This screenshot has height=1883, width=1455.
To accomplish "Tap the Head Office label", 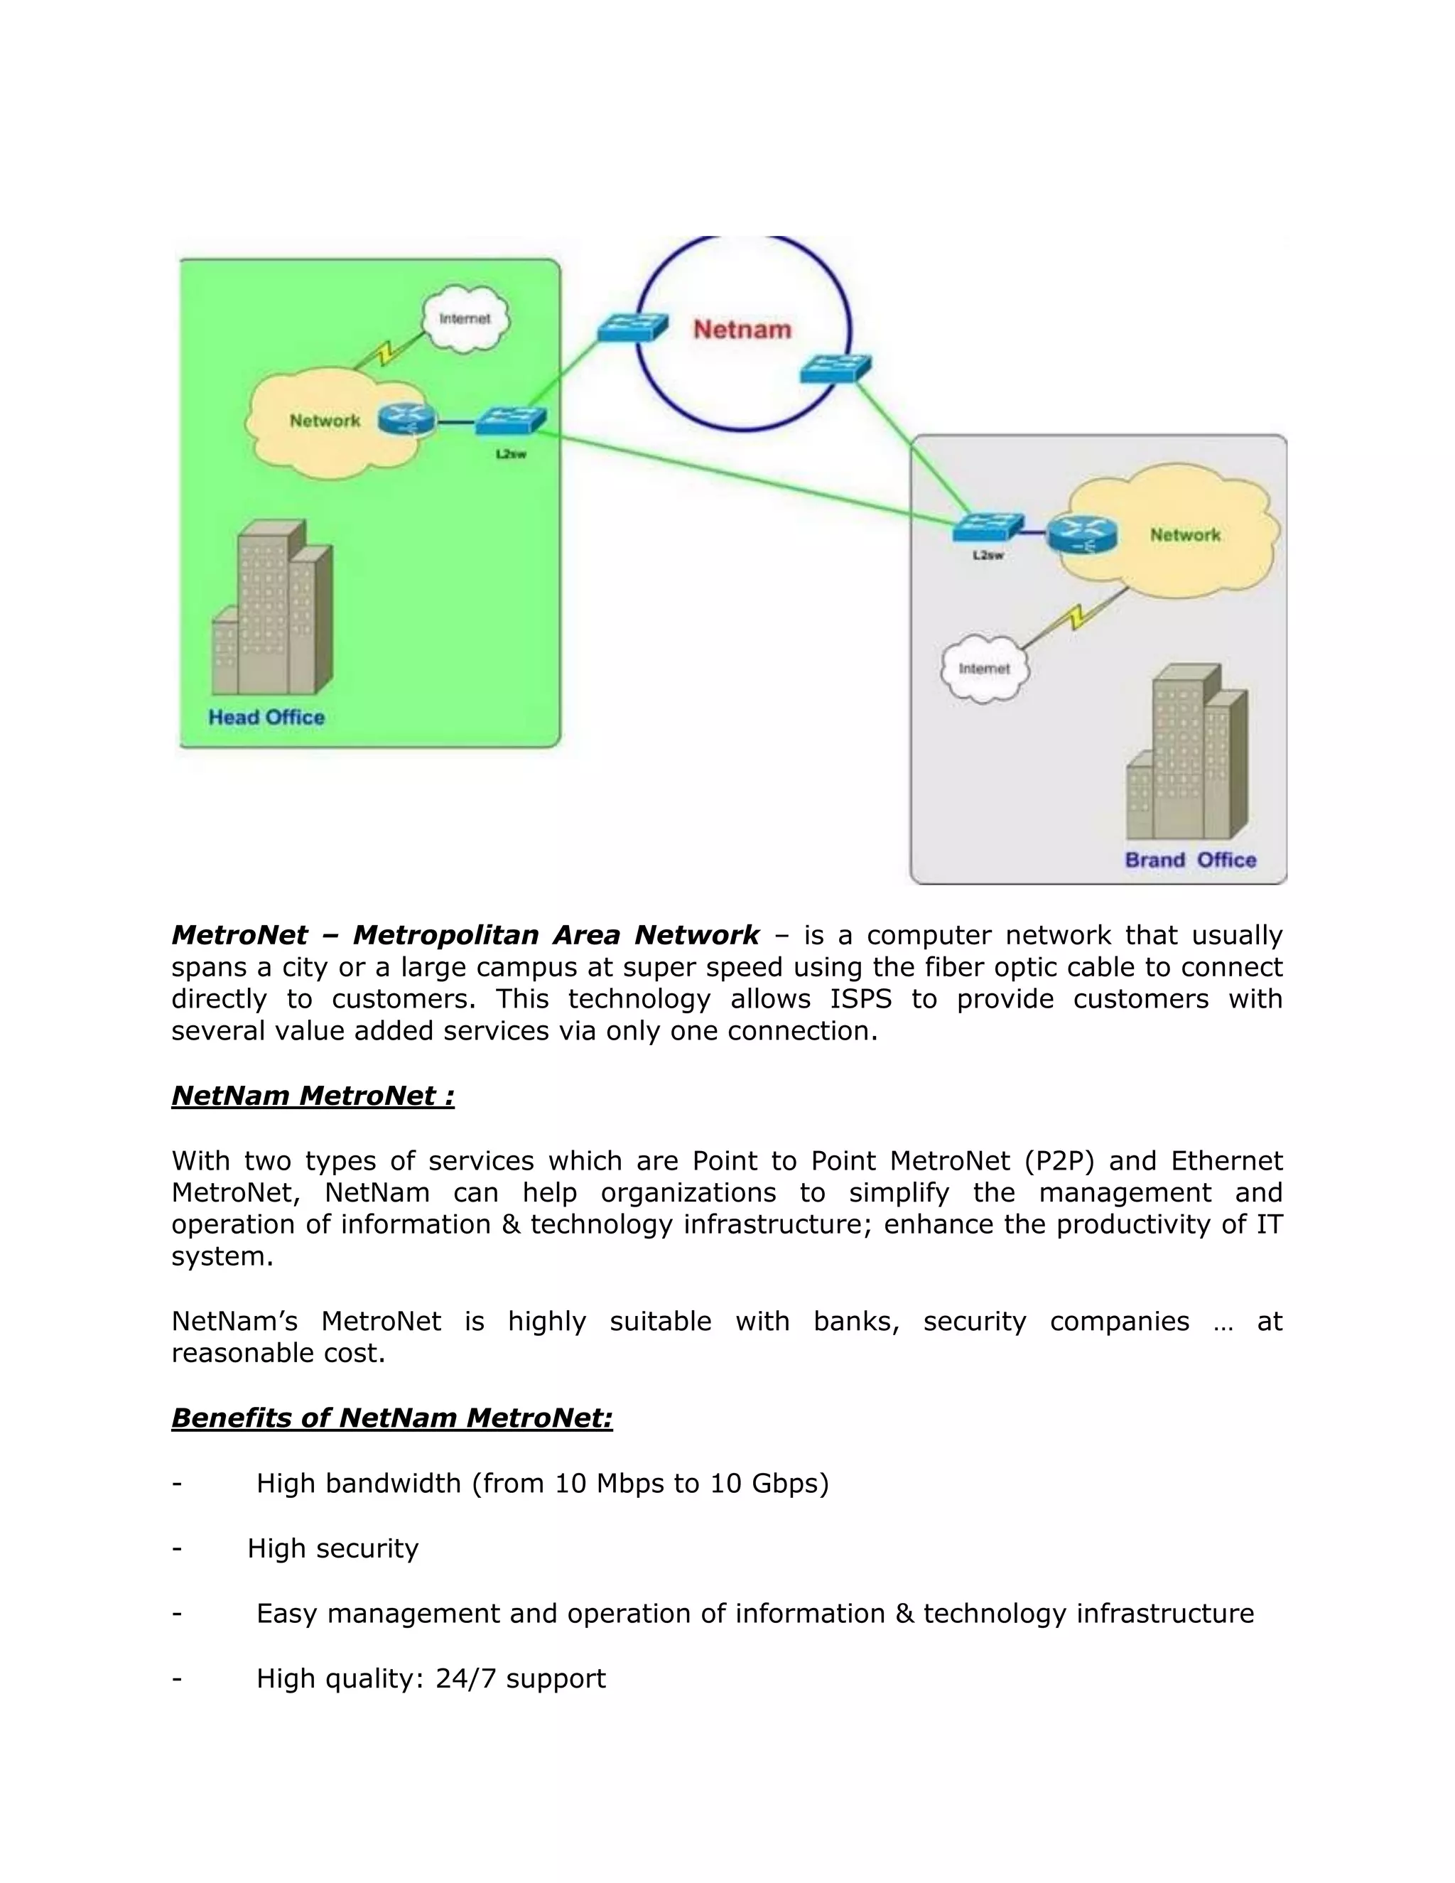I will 266,718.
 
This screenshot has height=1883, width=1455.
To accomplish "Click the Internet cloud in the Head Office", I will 465,320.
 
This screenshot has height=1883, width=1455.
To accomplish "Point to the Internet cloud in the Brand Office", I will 985,669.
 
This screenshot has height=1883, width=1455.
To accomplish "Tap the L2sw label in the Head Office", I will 510,454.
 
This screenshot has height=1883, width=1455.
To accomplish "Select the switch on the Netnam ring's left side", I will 633,327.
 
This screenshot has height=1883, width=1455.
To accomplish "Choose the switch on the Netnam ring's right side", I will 834,368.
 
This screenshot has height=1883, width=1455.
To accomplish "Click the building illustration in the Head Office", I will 272,608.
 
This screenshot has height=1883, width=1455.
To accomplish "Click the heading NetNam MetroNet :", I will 313,1096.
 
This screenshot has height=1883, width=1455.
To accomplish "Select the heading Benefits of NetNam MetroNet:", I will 391,1418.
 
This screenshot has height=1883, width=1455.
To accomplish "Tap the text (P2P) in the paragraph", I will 1059,1161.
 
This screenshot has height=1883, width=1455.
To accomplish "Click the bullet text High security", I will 332,1548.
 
